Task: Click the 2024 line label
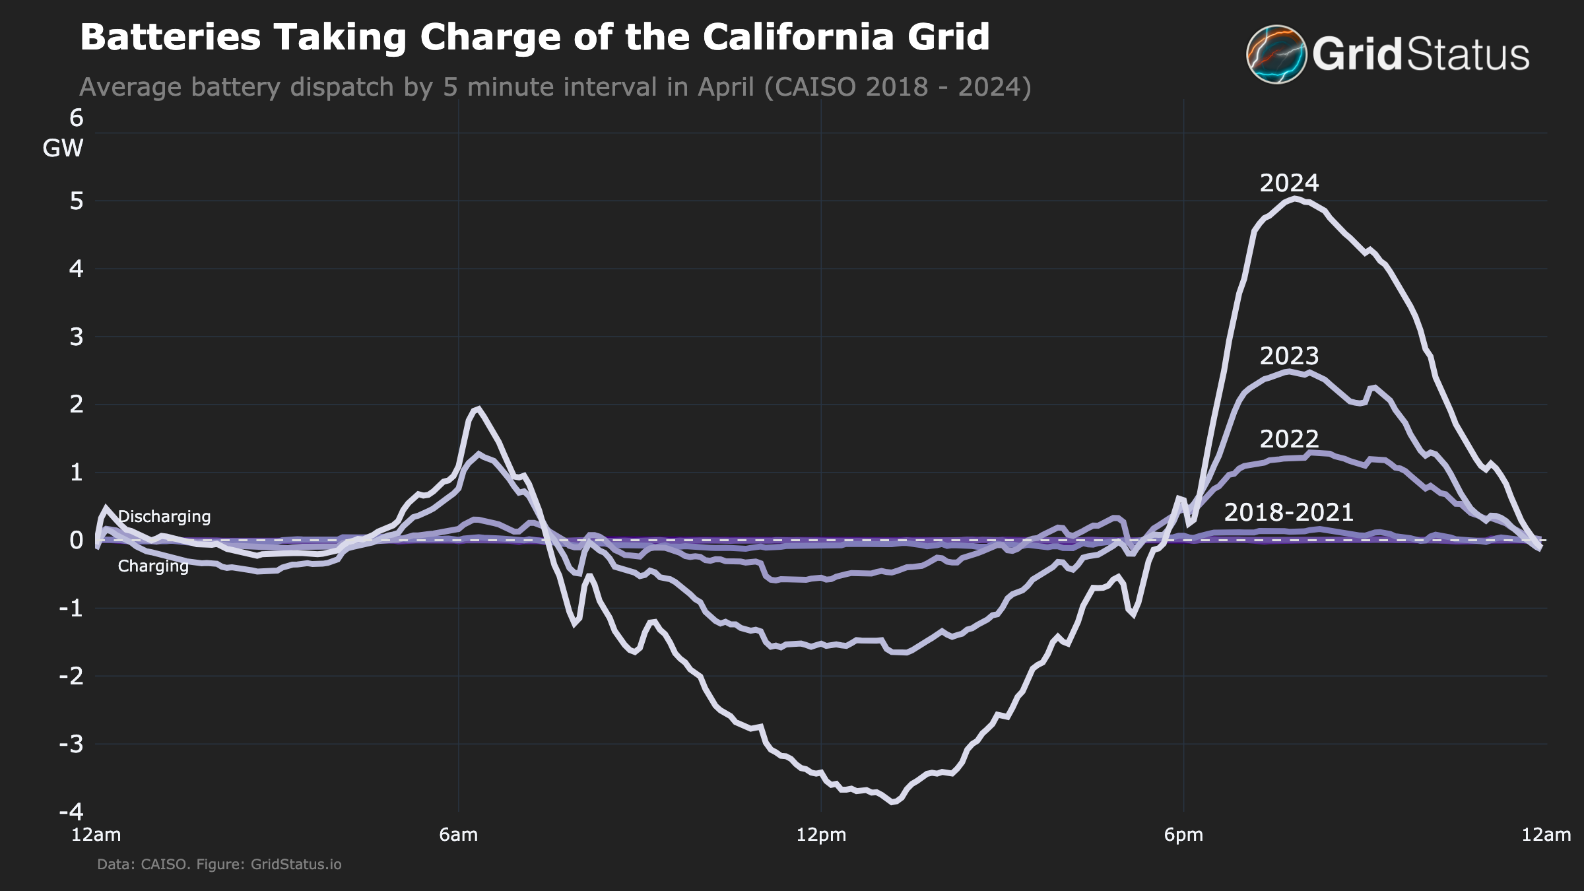pos(1288,183)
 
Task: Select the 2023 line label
pos(1288,356)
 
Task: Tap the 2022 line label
pos(1288,439)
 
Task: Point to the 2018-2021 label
pos(1288,512)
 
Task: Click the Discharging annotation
pos(164,516)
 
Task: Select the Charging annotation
pos(153,566)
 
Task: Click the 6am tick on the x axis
pos(458,835)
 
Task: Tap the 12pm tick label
pos(821,835)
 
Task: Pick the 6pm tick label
pos(1183,835)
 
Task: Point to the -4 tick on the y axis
pos(71,811)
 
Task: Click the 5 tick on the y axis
pos(77,201)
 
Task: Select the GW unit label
pos(63,148)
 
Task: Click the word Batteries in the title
pos(170,37)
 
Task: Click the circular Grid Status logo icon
pos(1276,54)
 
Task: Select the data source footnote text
pos(219,864)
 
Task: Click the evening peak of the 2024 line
pos(1295,198)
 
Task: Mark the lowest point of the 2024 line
pos(894,802)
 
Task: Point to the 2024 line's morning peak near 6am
pos(478,409)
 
